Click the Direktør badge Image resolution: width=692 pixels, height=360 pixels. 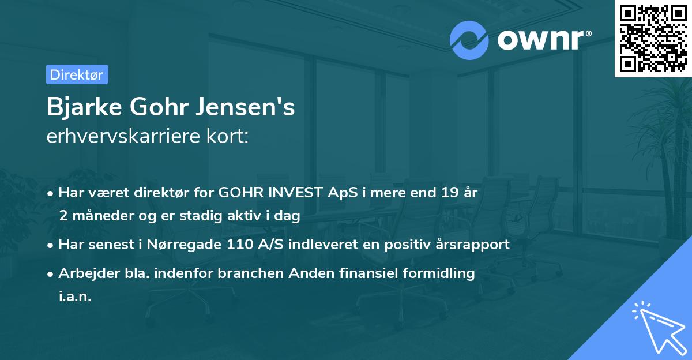[77, 74]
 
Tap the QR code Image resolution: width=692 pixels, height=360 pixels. [652, 38]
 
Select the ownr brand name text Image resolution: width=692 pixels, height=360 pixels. [543, 39]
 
